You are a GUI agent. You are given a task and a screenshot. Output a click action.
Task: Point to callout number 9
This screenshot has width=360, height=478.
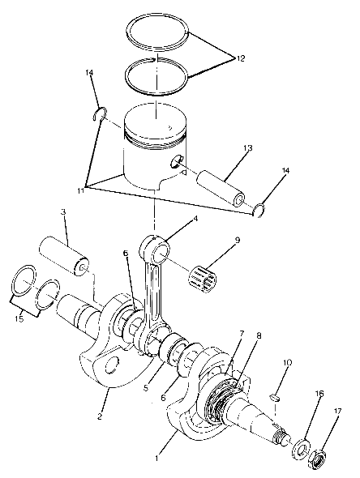[x=237, y=241]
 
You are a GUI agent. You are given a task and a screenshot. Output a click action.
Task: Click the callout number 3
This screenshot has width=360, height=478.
[x=62, y=213]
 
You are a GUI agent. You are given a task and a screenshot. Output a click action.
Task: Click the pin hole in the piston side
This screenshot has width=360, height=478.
[x=175, y=162]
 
